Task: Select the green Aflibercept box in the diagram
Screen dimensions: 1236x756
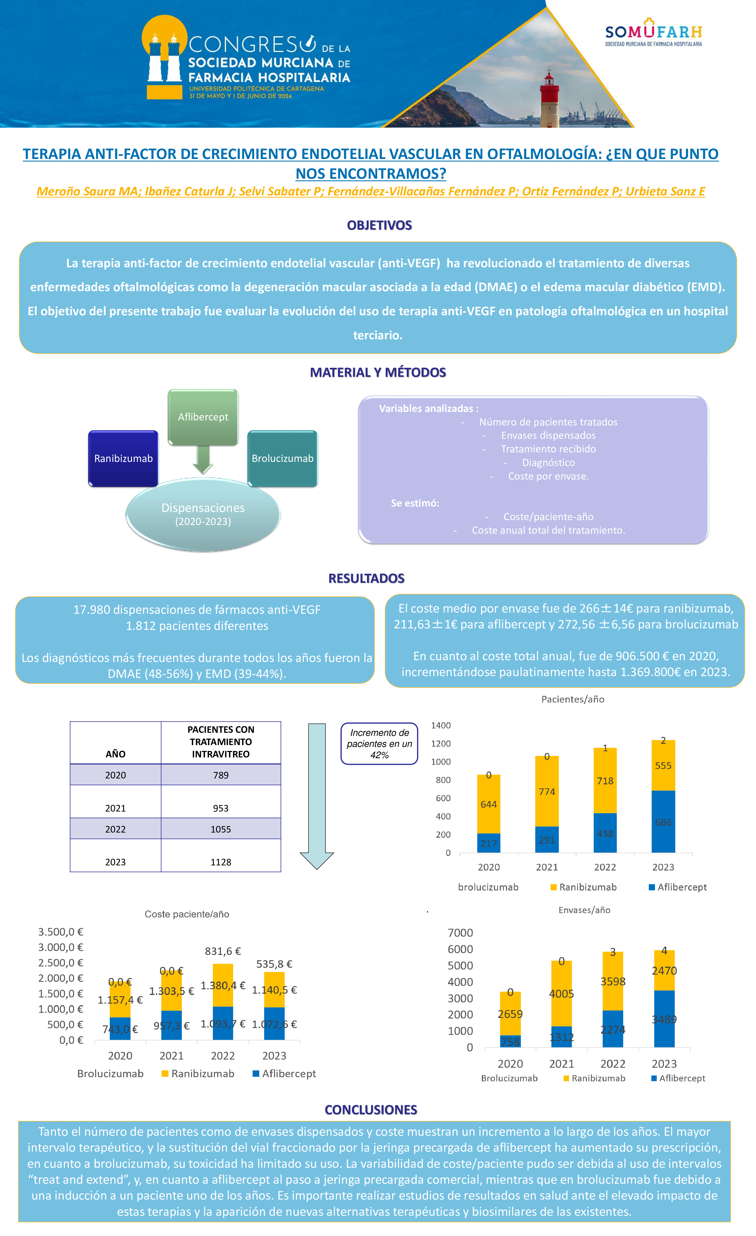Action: pos(203,417)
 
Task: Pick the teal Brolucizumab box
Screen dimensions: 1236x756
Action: pos(282,458)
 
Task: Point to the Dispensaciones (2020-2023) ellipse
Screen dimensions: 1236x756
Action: pos(203,514)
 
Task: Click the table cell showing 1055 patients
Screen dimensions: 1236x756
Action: pos(221,829)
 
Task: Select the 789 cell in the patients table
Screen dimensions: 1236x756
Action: pos(221,775)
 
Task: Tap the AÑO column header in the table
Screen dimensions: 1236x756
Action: pos(115,754)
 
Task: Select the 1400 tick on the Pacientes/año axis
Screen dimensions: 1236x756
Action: pos(441,725)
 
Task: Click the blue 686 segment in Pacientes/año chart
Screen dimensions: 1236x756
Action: pos(663,822)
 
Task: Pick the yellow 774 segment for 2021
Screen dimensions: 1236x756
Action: pos(547,792)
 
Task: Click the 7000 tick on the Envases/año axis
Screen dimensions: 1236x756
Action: pos(460,933)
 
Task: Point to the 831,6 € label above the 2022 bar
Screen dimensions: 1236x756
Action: pos(223,951)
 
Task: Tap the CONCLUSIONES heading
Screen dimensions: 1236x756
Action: pos(371,1110)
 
